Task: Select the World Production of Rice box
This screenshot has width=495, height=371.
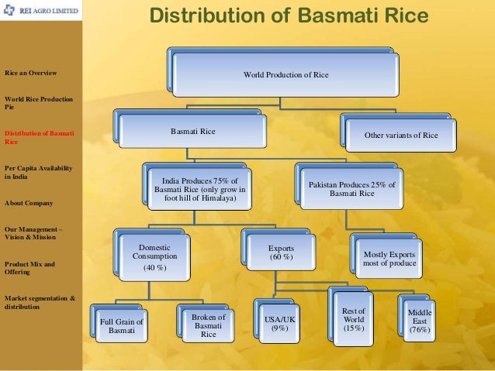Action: [286, 75]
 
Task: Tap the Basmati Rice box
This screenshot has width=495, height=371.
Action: [193, 132]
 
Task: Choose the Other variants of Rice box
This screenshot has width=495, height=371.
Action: [401, 135]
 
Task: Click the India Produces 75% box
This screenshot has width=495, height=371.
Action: [199, 187]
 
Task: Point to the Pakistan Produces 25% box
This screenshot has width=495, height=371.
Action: [351, 188]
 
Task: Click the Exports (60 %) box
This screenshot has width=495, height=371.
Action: [280, 252]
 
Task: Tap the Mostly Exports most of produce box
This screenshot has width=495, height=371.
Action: [389, 258]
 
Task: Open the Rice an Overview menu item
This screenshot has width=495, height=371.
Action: [31, 73]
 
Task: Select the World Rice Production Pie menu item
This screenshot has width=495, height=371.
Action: [39, 103]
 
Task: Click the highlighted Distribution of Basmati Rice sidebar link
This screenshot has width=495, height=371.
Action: [39, 138]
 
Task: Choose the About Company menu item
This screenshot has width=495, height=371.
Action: [29, 203]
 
